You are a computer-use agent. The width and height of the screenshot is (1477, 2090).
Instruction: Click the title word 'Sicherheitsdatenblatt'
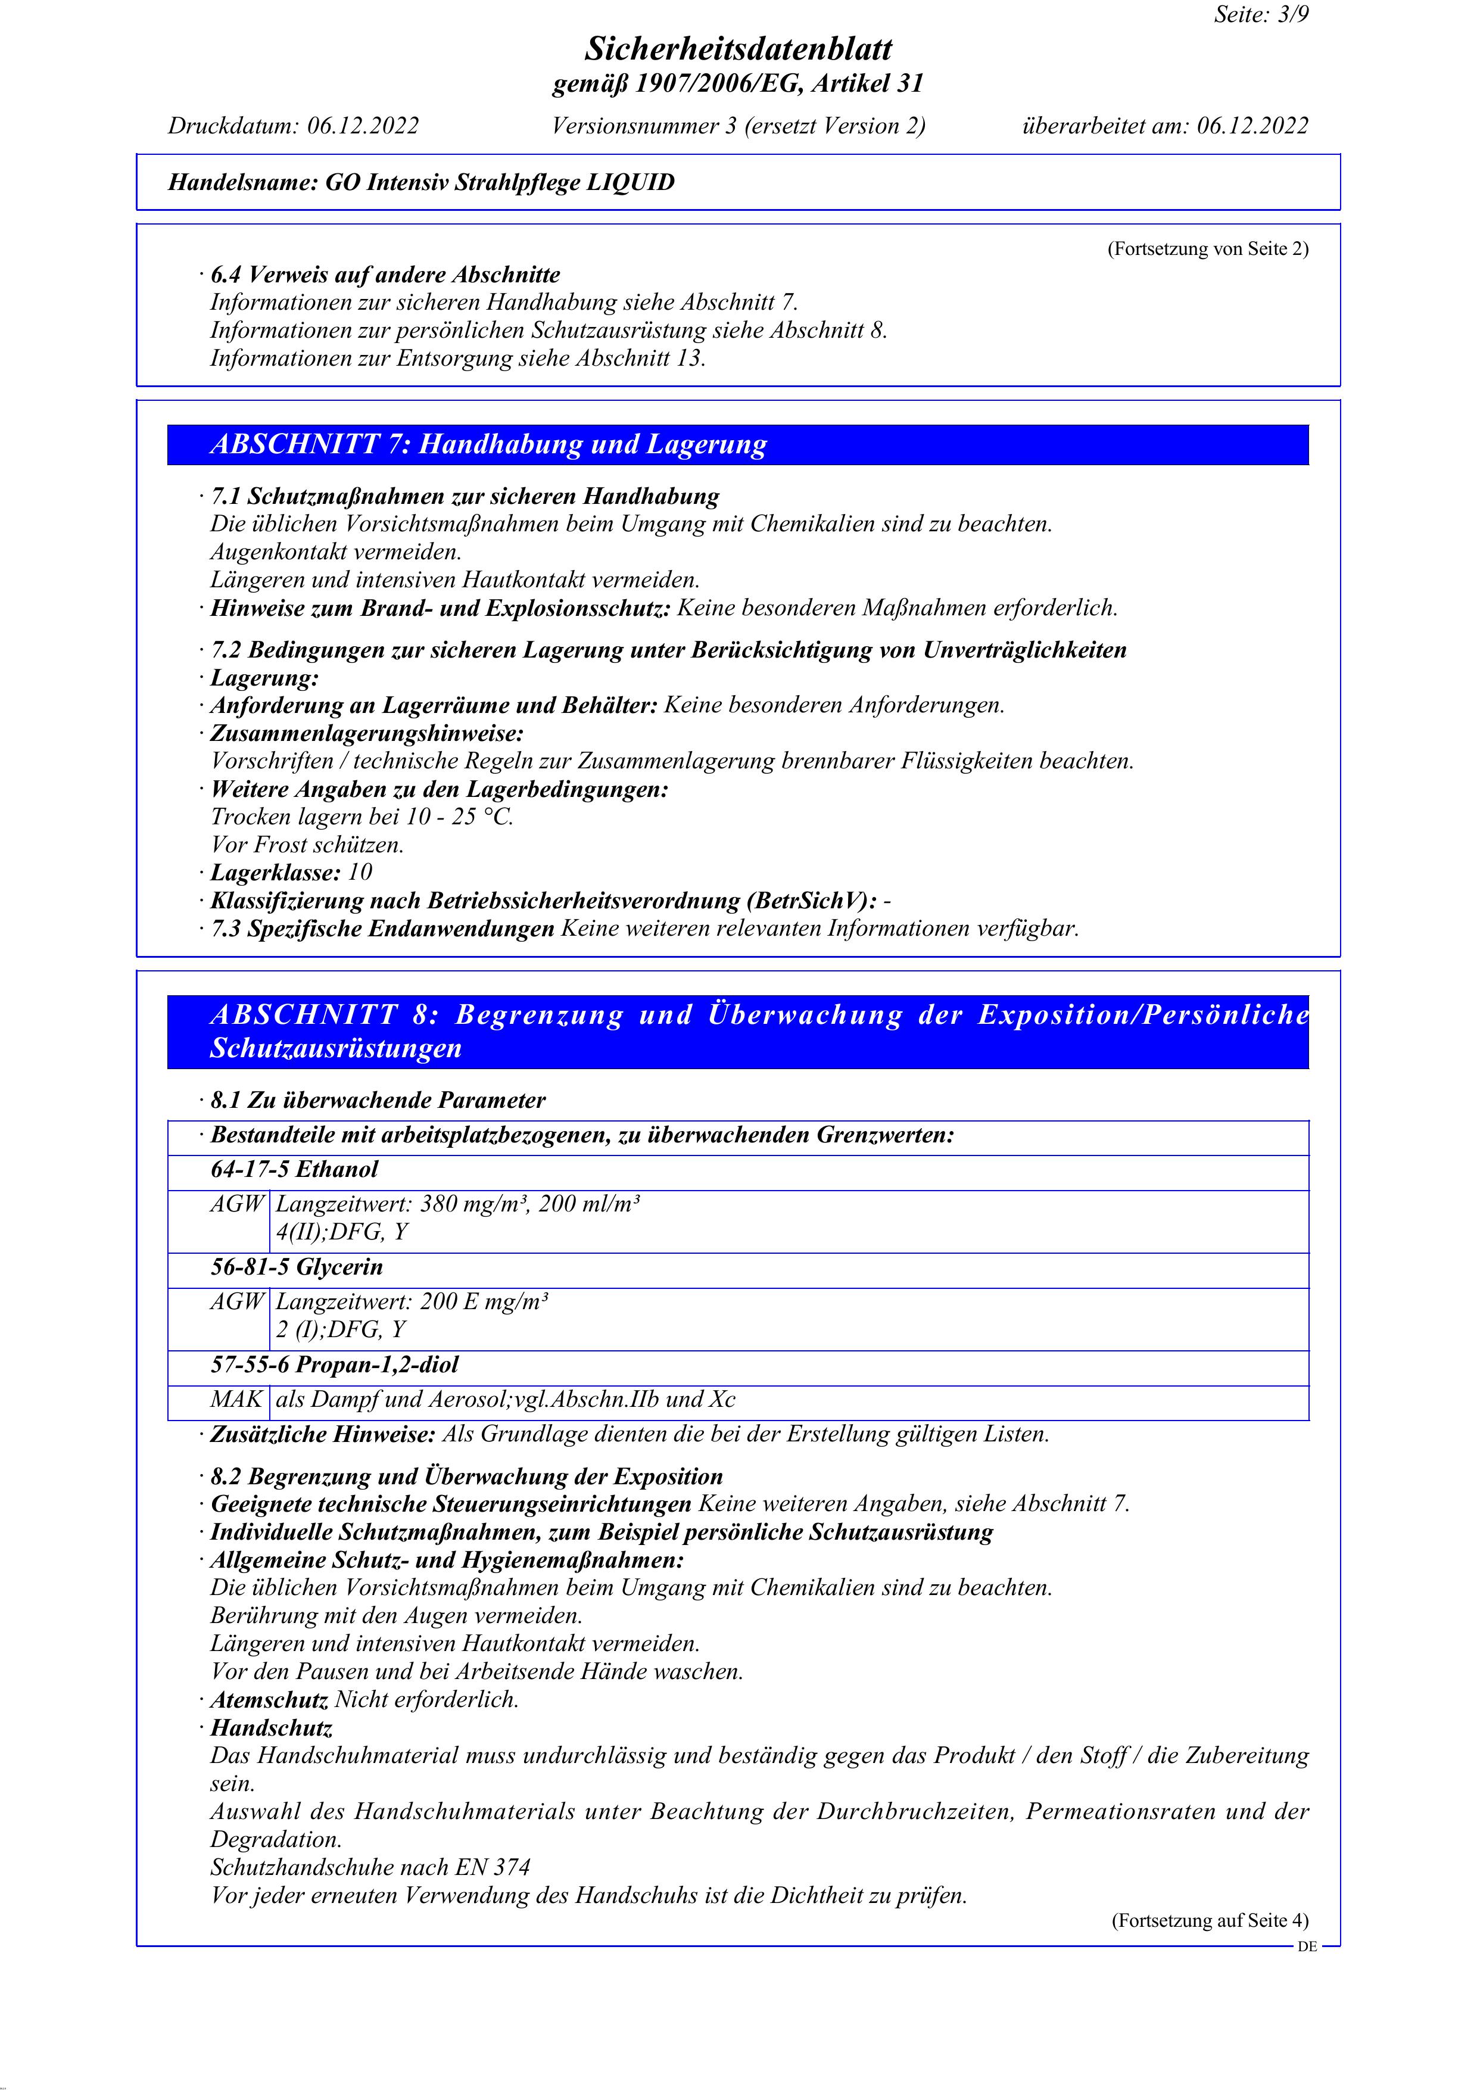[x=738, y=48]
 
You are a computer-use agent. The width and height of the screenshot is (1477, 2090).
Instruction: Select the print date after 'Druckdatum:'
[x=362, y=126]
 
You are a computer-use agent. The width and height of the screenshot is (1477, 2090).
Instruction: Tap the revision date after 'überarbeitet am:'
[x=1252, y=126]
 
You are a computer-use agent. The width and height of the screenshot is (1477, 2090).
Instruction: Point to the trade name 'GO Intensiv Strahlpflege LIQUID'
[x=500, y=182]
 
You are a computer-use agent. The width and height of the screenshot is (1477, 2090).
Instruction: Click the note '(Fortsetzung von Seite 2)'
[x=1208, y=248]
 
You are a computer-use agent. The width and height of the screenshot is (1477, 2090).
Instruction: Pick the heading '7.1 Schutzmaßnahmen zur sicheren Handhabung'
[x=465, y=496]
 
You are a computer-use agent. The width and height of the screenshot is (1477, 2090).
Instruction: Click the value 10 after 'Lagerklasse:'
[x=360, y=872]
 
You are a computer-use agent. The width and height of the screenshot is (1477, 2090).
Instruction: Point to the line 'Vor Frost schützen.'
[x=307, y=845]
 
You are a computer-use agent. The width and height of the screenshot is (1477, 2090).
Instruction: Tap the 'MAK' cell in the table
[x=236, y=1399]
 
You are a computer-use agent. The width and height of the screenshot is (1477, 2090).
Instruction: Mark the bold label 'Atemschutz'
[x=269, y=1699]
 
